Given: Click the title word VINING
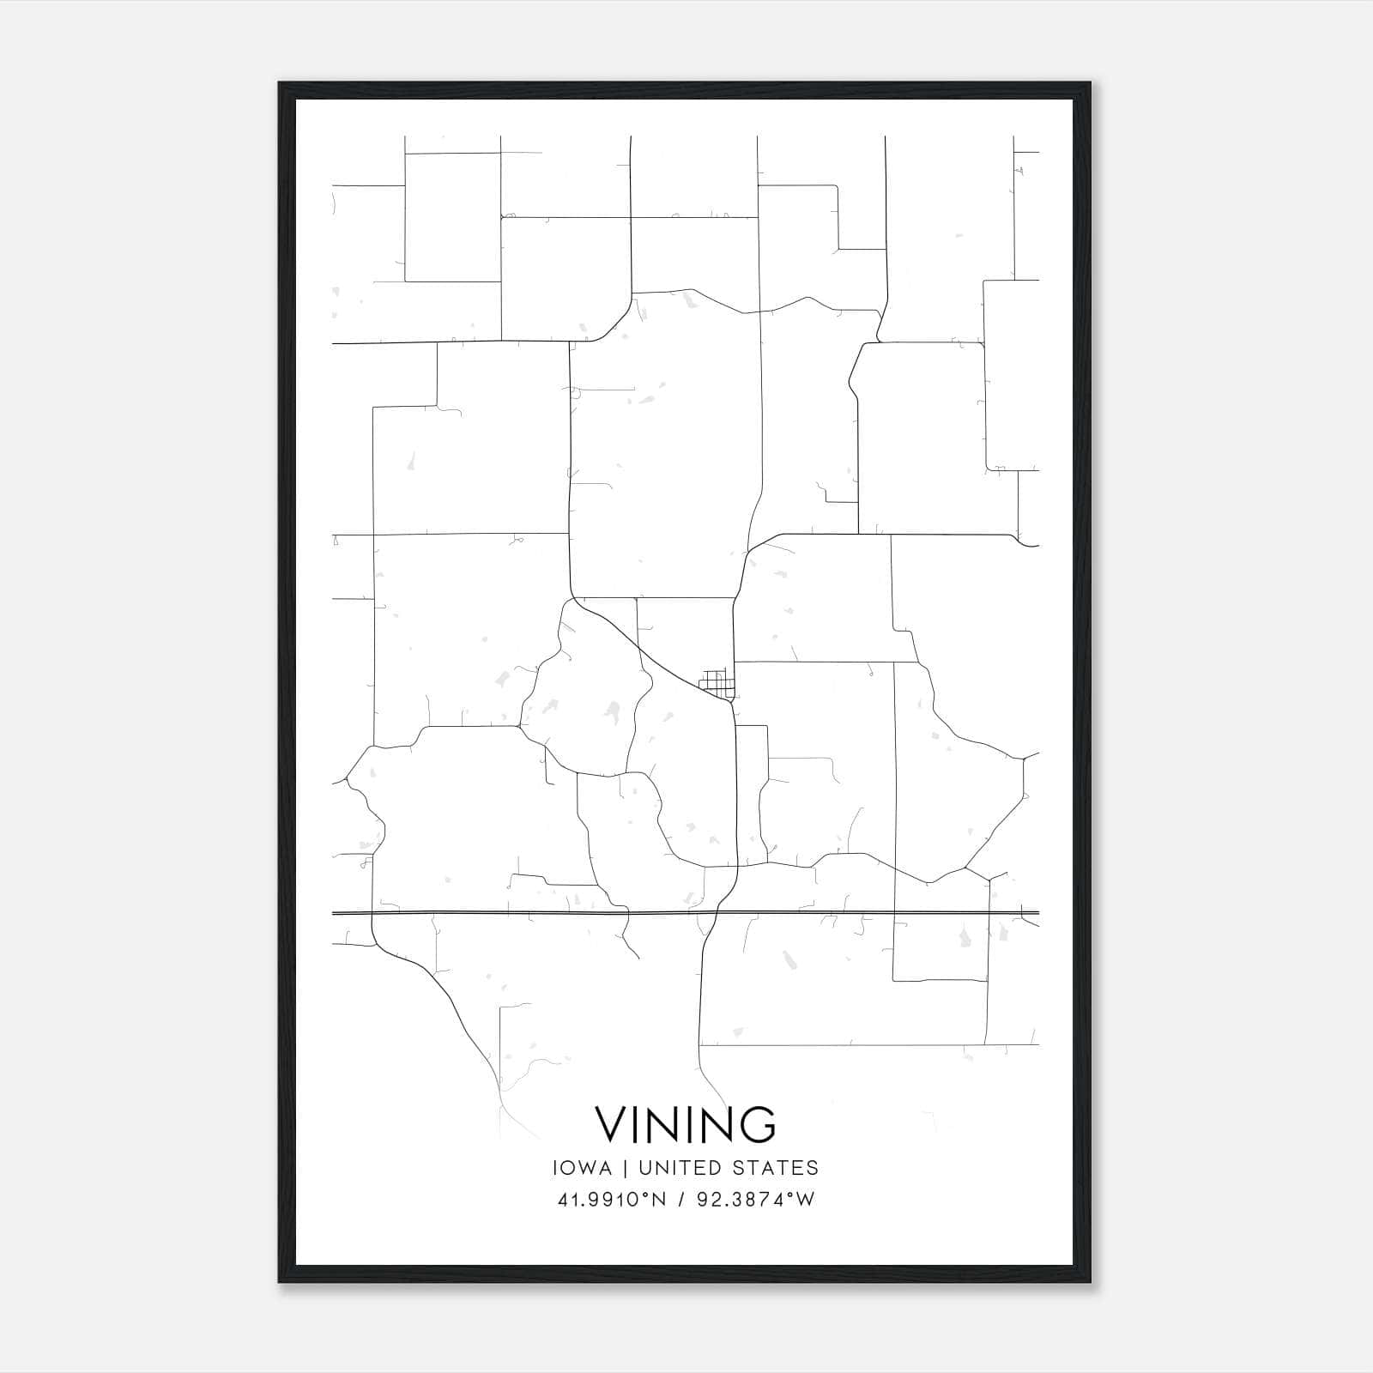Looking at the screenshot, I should click(686, 1124).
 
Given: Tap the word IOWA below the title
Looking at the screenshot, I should click(583, 1168).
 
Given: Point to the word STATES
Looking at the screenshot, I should click(779, 1168).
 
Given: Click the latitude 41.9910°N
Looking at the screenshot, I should click(612, 1200).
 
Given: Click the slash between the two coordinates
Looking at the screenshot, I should click(681, 1200).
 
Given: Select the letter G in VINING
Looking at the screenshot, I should click(758, 1124).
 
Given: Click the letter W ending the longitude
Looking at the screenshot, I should click(805, 1200).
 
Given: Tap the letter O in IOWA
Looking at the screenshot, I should click(571, 1168).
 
